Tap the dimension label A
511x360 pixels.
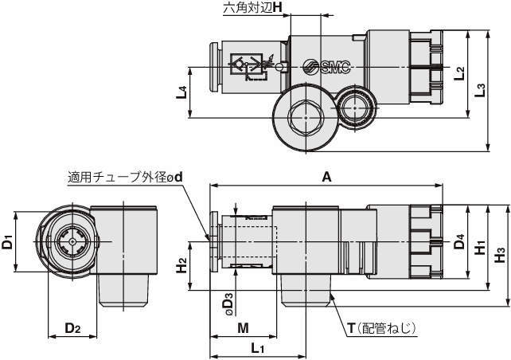pyautogui.click(x=326, y=178)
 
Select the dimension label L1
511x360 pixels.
pyautogui.click(x=257, y=348)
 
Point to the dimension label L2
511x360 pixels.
pyautogui.click(x=460, y=74)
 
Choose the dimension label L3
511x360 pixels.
pyautogui.click(x=479, y=90)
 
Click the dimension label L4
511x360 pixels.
pyautogui.click(x=181, y=91)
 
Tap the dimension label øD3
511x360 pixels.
pyautogui.click(x=228, y=302)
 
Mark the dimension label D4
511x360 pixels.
pyautogui.click(x=459, y=241)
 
